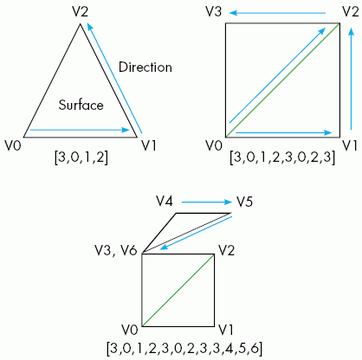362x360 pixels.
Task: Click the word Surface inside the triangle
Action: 81,105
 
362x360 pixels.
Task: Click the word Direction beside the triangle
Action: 145,67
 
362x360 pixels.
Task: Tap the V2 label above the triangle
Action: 81,12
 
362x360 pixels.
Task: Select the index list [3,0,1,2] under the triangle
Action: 81,157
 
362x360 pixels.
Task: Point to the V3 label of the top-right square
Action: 214,12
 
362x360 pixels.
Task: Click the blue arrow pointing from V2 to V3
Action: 278,13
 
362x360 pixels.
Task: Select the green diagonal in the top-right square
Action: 282,80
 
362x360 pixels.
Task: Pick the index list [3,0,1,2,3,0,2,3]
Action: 282,157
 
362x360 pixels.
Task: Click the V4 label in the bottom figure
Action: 165,201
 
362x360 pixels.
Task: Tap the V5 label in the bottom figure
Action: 245,202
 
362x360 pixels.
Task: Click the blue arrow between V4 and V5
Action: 207,202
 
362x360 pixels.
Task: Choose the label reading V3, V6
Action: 116,251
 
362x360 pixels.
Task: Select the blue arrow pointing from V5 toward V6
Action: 196,233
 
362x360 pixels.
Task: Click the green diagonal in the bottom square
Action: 178,290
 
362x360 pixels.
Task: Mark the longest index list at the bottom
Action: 184,348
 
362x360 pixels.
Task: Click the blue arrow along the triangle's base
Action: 80,130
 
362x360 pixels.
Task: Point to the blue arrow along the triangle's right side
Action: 114,79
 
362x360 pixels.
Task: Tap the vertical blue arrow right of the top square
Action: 351,79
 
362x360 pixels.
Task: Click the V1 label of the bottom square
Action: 225,330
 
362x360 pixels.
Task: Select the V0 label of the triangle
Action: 13,146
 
